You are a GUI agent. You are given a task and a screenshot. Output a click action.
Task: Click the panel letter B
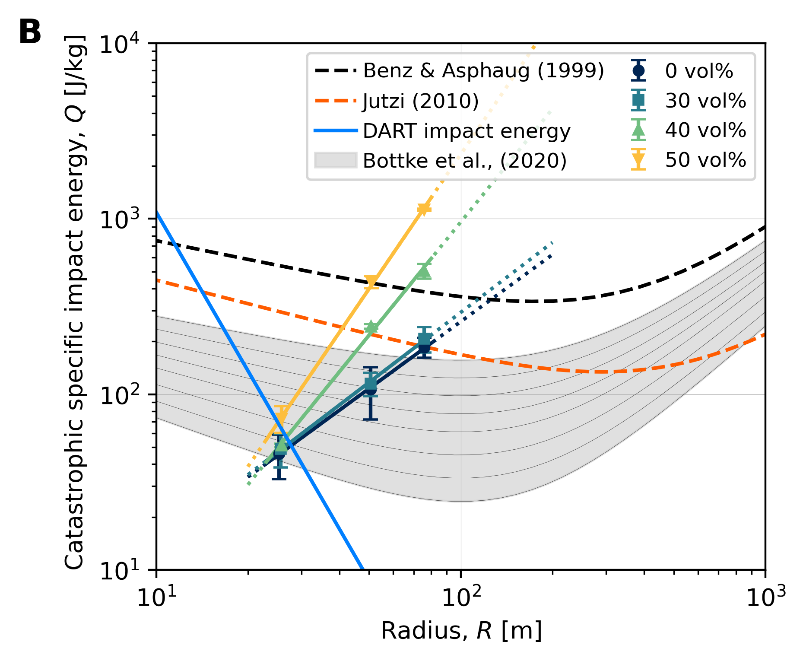click(x=30, y=32)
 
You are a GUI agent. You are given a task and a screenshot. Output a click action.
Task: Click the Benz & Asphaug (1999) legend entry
click(x=483, y=70)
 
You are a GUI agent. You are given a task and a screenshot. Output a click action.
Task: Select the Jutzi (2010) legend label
click(x=420, y=101)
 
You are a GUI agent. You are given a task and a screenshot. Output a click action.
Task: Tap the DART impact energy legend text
click(x=467, y=130)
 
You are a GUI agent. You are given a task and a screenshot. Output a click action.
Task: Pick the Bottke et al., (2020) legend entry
click(x=464, y=161)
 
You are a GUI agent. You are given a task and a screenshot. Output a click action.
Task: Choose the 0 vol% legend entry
click(x=698, y=71)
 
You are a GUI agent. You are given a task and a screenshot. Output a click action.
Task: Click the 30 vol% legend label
click(x=705, y=101)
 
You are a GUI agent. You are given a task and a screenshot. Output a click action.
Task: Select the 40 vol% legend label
click(x=705, y=130)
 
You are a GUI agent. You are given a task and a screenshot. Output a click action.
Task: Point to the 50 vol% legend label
click(x=705, y=160)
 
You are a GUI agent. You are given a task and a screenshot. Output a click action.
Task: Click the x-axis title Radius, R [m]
click(x=461, y=631)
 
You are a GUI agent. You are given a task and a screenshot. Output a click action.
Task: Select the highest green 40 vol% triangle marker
click(x=424, y=270)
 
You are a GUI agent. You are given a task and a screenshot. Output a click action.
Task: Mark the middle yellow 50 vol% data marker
click(x=371, y=282)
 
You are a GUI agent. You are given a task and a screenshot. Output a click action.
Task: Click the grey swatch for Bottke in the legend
click(x=335, y=160)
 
